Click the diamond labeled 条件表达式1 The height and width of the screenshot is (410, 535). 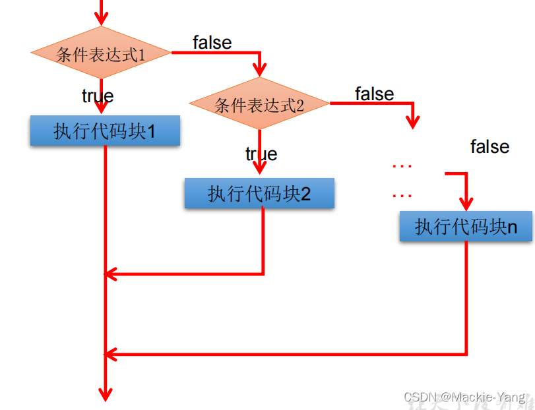(101, 53)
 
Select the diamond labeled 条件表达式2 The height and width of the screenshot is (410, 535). (259, 104)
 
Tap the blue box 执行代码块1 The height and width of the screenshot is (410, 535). (105, 131)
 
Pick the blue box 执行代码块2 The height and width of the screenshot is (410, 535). (259, 193)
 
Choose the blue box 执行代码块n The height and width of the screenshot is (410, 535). (465, 227)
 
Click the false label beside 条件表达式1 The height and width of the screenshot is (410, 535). (212, 42)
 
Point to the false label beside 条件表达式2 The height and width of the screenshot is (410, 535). (374, 94)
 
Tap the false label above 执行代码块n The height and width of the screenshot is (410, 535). (489, 146)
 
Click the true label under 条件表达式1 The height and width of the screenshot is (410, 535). (98, 96)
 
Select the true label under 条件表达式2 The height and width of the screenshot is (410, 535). (261, 154)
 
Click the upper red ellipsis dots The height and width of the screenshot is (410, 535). (402, 166)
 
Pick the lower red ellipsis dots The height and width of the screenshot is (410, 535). (402, 195)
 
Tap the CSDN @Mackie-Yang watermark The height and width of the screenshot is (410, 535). (464, 397)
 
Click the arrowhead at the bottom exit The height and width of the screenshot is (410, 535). (105, 394)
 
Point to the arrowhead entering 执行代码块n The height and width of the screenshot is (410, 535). (467, 202)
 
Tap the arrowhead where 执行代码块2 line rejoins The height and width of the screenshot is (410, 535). (111, 273)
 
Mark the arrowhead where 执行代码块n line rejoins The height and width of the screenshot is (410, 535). (111, 354)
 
